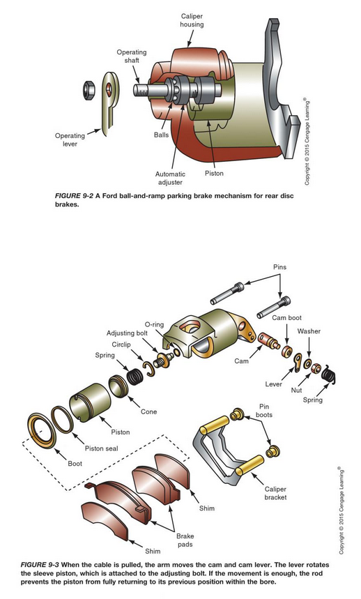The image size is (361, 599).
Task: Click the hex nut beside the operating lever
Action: (89, 90)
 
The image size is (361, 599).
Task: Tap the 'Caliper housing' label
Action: (192, 20)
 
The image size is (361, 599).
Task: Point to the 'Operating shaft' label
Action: (131, 56)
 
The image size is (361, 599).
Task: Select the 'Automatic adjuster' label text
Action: (170, 178)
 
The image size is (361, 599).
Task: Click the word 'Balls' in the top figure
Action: (162, 135)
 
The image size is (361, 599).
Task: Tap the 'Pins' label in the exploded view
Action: (279, 267)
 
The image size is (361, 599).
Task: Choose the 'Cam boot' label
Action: (286, 317)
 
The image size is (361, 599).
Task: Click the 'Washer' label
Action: (309, 331)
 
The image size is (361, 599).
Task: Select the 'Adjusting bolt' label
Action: (127, 333)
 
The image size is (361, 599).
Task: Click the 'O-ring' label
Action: (154, 324)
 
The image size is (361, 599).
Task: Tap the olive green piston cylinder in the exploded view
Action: (90, 402)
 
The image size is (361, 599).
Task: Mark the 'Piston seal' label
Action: (102, 448)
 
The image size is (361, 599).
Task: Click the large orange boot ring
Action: (43, 430)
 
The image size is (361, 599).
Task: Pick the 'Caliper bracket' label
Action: (275, 493)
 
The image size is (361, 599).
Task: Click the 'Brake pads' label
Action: (185, 540)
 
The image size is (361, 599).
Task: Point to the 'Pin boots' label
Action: (264, 411)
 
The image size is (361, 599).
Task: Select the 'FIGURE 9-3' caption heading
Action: (40, 565)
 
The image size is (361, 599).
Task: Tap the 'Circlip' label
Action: (121, 344)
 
